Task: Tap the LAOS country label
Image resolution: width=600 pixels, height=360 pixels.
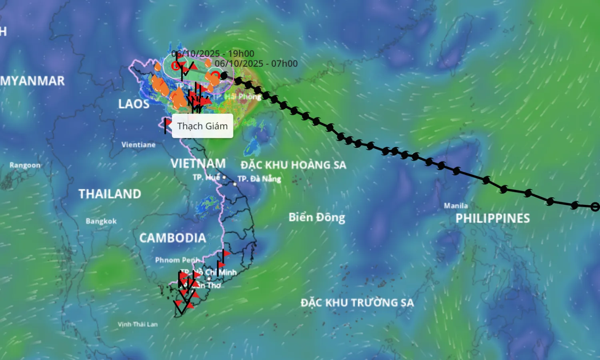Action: pyautogui.click(x=134, y=104)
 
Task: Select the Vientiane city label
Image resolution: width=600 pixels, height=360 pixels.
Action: pyautogui.click(x=138, y=145)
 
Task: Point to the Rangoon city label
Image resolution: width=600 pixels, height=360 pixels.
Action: pyautogui.click(x=25, y=165)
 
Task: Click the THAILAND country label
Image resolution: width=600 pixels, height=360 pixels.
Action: pyautogui.click(x=110, y=194)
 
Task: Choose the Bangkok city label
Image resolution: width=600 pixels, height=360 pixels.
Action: pyautogui.click(x=101, y=221)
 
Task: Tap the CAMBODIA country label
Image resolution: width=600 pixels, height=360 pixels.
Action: pyautogui.click(x=172, y=238)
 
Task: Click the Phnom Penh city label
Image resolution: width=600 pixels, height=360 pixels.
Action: pyautogui.click(x=177, y=260)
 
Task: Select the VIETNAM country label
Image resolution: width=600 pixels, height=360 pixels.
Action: pyautogui.click(x=198, y=164)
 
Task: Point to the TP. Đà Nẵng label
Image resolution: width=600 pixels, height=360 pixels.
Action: pyautogui.click(x=259, y=179)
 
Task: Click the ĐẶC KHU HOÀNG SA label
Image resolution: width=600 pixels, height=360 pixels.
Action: pyautogui.click(x=293, y=165)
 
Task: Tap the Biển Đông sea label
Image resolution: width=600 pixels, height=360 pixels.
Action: pyautogui.click(x=317, y=217)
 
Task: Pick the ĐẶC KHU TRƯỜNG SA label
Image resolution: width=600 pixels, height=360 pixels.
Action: pyautogui.click(x=357, y=302)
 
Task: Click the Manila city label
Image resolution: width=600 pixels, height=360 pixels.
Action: pyautogui.click(x=456, y=206)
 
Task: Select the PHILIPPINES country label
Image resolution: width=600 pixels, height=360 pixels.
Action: pyautogui.click(x=492, y=218)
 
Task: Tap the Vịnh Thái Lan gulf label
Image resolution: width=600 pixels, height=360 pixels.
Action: pyautogui.click(x=138, y=324)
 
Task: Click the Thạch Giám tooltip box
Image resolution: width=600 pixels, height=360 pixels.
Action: pyautogui.click(x=202, y=126)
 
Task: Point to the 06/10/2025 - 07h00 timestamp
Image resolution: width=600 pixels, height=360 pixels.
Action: pyautogui.click(x=256, y=64)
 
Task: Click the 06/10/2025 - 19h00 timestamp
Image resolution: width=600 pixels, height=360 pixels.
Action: pyautogui.click(x=213, y=54)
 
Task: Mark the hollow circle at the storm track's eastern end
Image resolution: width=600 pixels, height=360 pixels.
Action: pyautogui.click(x=595, y=207)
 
